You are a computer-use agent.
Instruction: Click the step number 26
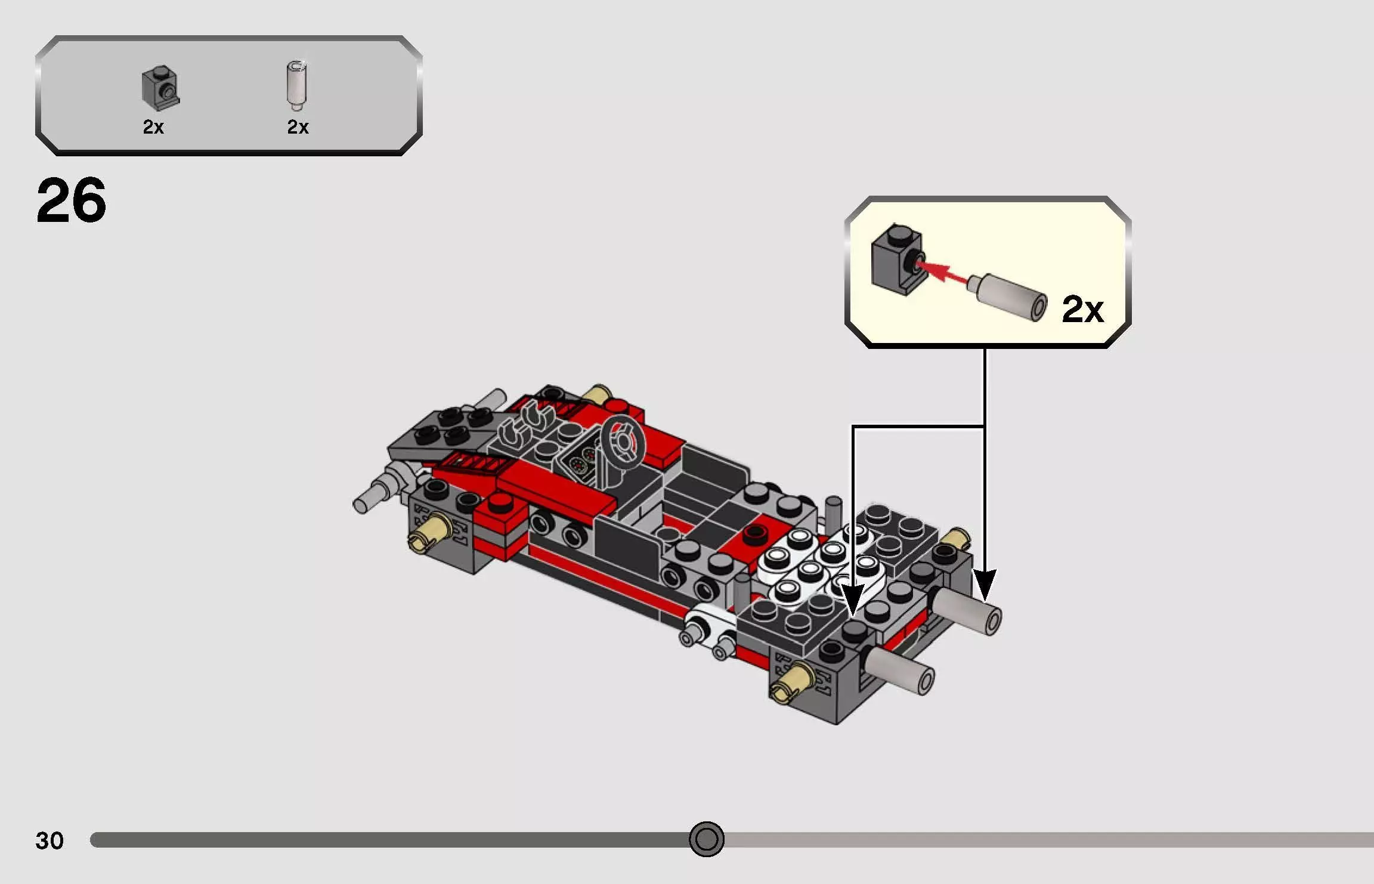72,200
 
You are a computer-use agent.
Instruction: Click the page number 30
49,840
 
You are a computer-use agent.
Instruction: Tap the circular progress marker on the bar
706,839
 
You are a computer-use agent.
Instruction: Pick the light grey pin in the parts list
296,85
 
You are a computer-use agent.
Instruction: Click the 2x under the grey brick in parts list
153,127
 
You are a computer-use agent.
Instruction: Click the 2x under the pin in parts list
298,127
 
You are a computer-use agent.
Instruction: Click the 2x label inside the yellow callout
1082,309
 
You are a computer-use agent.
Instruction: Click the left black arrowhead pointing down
853,599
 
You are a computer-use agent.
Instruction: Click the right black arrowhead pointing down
985,585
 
